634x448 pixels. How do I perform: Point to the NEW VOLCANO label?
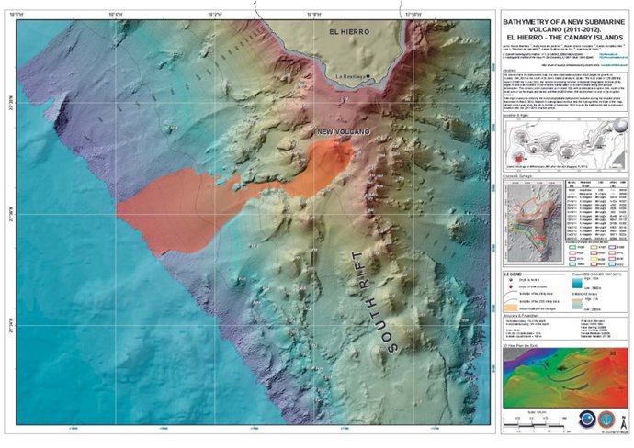[x=343, y=132]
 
